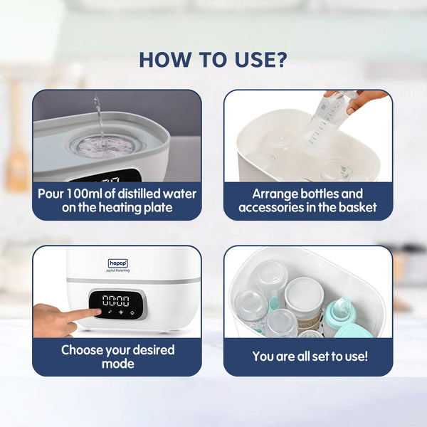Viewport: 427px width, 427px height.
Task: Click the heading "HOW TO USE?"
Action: click(213, 59)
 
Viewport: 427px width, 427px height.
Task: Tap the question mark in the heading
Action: click(280, 59)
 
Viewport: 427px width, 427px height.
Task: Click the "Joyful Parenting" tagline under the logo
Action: click(117, 271)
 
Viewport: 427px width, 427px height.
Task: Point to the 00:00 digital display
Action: click(115, 300)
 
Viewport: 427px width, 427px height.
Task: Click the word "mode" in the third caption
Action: click(117, 364)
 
